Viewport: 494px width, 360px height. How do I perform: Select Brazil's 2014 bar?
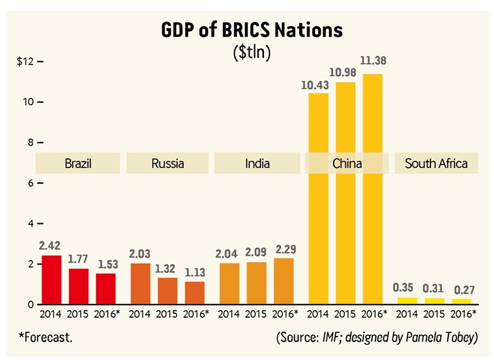pyautogui.click(x=52, y=280)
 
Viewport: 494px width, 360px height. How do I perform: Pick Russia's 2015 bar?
pyautogui.click(x=167, y=291)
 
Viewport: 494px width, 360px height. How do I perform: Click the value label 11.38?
pyautogui.click(x=374, y=61)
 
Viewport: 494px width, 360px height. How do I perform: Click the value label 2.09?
pyautogui.click(x=256, y=252)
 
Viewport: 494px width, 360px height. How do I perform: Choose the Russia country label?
pyautogui.click(x=167, y=164)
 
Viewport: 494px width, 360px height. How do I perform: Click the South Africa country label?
pyautogui.click(x=436, y=164)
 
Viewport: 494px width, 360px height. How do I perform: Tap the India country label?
pyautogui.click(x=257, y=164)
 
